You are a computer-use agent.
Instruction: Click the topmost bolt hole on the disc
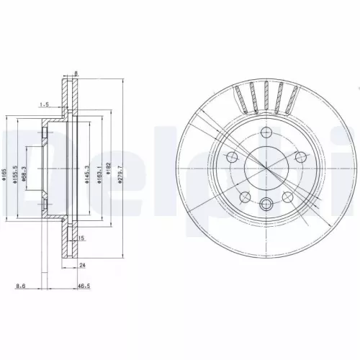(266, 133)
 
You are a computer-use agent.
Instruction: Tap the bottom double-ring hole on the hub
(266, 204)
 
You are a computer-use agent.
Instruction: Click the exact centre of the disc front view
(266, 168)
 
